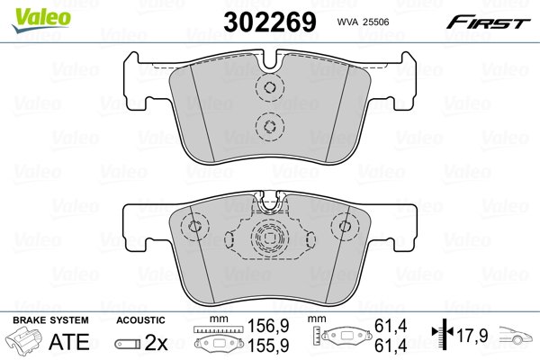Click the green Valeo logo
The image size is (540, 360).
click(41, 20)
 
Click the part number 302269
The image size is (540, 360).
click(270, 22)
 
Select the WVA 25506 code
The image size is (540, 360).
click(363, 22)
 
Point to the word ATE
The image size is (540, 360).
click(69, 341)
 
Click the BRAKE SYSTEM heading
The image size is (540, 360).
click(50, 320)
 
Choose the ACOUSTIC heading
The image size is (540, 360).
click(140, 320)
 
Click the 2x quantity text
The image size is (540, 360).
click(156, 342)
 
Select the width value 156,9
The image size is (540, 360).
click(268, 326)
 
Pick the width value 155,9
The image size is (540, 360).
click(268, 345)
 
